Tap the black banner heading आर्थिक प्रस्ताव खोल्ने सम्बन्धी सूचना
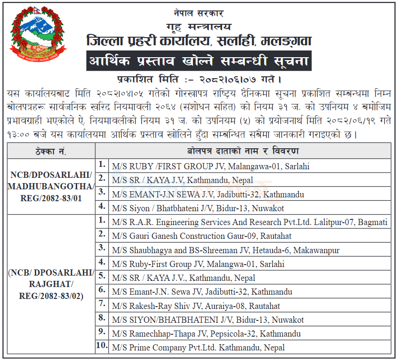(199, 61)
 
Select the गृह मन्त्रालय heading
(199, 26)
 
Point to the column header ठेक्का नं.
(51, 152)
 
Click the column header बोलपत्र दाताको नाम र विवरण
(243, 152)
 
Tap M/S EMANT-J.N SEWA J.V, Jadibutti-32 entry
(207, 195)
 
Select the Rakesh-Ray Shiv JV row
(196, 306)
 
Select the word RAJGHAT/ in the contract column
(51, 285)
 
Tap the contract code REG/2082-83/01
(51, 197)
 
